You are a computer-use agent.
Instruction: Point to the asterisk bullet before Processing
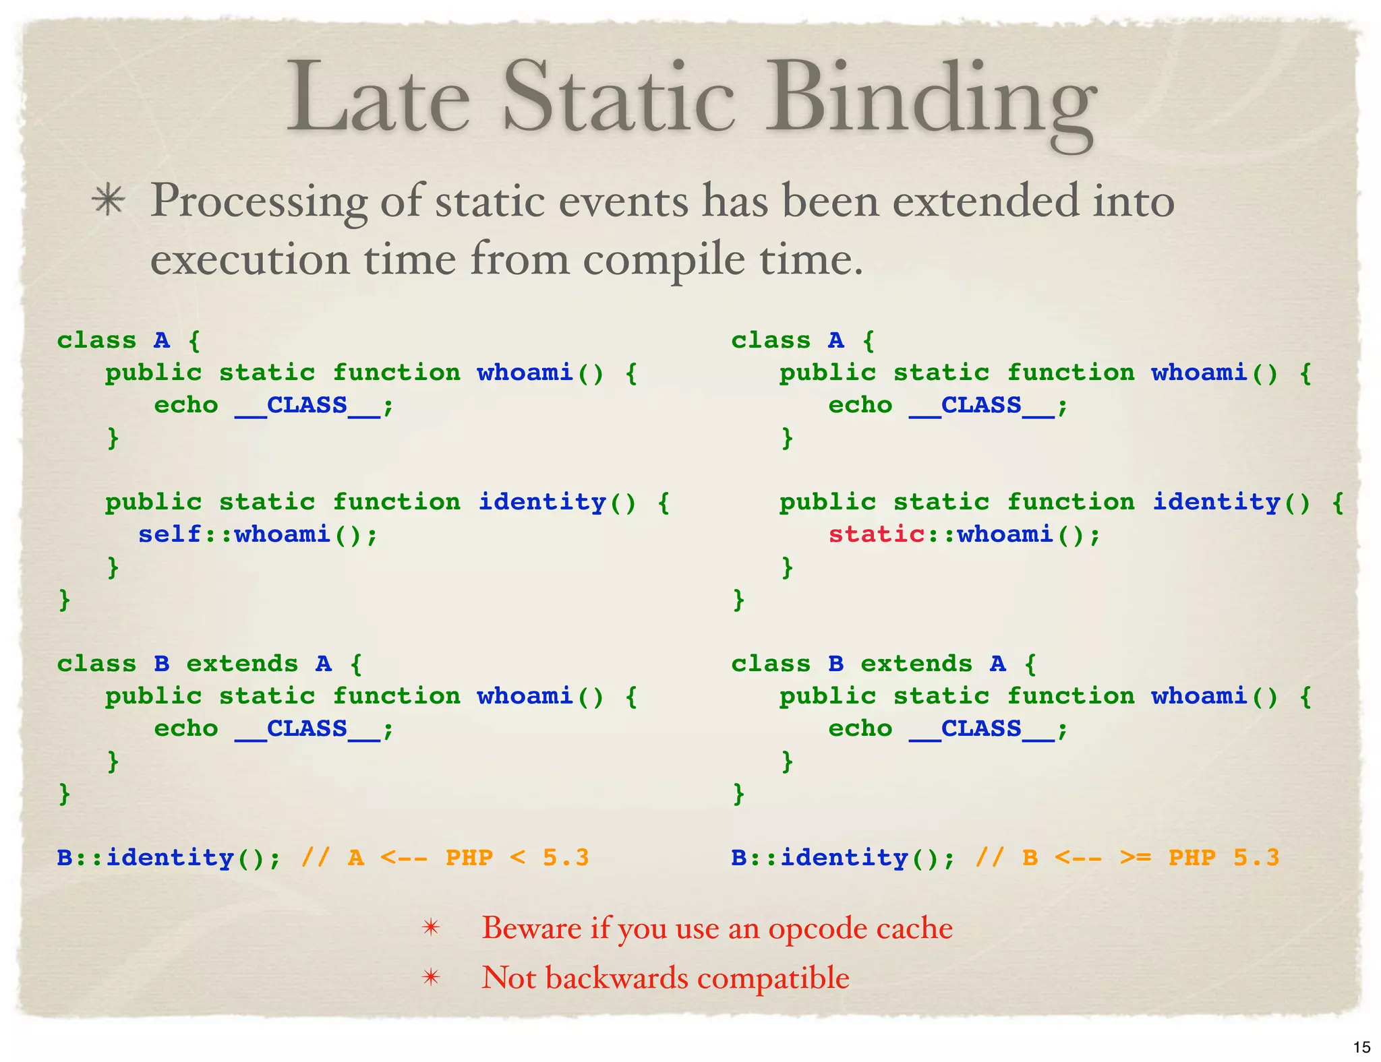pyautogui.click(x=109, y=201)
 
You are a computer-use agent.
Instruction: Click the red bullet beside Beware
pyautogui.click(x=430, y=929)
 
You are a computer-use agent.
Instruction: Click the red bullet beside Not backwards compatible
pyautogui.click(x=430, y=978)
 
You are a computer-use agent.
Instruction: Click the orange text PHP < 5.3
pyautogui.click(x=517, y=858)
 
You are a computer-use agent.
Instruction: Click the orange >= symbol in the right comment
pyautogui.click(x=1136, y=858)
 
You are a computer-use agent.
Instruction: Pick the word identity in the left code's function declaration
pyautogui.click(x=542, y=502)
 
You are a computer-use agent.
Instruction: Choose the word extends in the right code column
pyautogui.click(x=916, y=664)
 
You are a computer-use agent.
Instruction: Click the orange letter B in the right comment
pyautogui.click(x=1030, y=858)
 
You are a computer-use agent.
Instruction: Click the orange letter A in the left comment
pyautogui.click(x=356, y=858)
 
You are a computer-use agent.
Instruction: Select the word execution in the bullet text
pyautogui.click(x=249, y=259)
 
